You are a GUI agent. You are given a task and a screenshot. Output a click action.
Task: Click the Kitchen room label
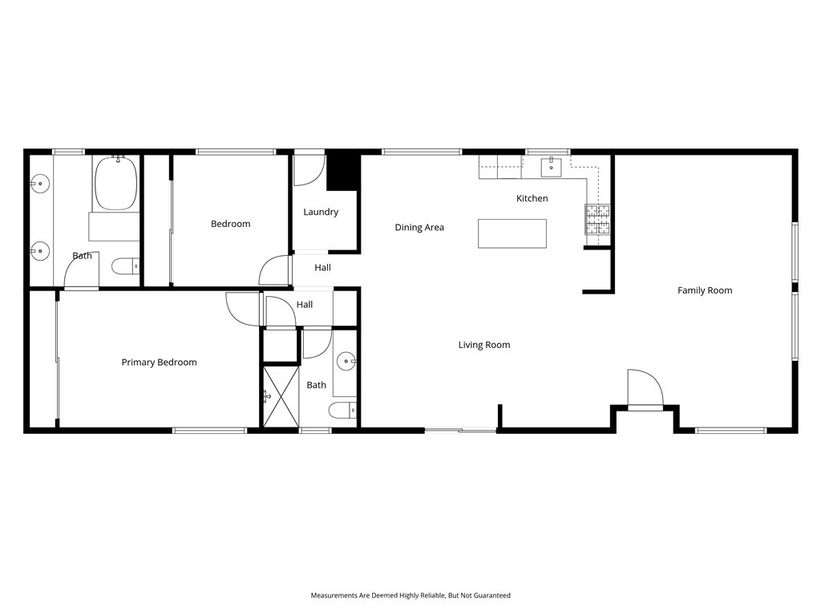[x=532, y=198]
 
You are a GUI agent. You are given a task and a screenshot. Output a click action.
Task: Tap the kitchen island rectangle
[x=512, y=233]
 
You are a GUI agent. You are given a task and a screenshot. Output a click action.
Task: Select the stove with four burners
[x=597, y=219]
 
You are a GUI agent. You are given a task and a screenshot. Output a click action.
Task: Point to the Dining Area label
[x=419, y=228]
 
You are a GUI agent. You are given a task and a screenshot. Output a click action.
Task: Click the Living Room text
[x=484, y=345]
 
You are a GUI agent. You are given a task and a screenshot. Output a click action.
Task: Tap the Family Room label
[x=705, y=290]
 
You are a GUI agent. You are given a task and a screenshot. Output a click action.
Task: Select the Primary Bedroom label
[x=159, y=363]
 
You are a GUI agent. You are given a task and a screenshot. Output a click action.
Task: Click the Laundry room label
[x=321, y=213]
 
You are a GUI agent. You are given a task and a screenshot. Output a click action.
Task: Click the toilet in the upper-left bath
[x=125, y=265]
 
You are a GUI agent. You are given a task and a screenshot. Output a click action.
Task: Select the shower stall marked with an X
[x=281, y=395]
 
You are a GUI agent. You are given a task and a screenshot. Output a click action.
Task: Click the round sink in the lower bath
[x=346, y=360]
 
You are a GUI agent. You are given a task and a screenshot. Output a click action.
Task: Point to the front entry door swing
[x=646, y=389]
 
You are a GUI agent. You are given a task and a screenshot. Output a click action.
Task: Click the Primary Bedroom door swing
[x=243, y=309]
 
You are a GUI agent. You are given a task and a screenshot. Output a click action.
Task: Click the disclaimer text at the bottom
[x=410, y=595]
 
